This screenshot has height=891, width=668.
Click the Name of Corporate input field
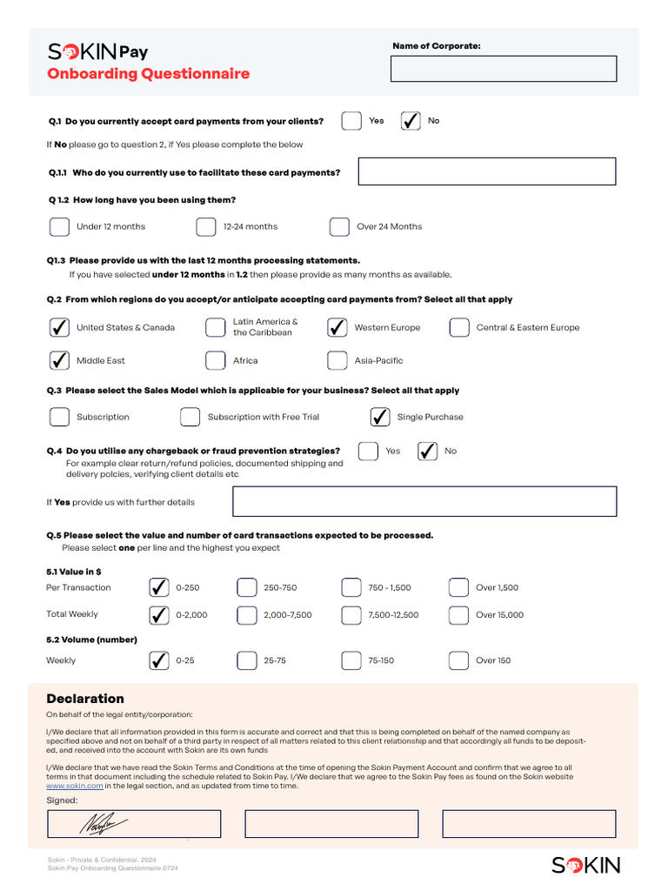coord(504,69)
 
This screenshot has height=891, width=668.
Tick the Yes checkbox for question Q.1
coord(351,121)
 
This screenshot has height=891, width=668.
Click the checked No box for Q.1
coord(411,121)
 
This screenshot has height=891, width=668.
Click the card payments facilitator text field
coord(486,171)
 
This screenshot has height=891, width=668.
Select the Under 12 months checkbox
coord(59,227)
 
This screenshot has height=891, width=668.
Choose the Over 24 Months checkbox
coord(339,227)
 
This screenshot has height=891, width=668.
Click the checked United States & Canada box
coord(59,328)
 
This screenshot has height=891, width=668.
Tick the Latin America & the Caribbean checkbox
coord(216,328)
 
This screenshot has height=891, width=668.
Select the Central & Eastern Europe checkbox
coord(459,328)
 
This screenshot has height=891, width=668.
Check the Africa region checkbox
coord(216,361)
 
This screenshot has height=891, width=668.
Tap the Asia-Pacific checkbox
coord(337,361)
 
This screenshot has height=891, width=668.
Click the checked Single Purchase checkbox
coord(380,418)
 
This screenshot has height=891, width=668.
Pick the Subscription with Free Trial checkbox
coord(190,418)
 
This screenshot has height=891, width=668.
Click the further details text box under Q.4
coord(424,501)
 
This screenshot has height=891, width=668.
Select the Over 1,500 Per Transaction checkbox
coord(458,588)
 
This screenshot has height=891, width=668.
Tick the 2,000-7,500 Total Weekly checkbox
coord(247,615)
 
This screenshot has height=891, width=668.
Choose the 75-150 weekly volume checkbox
coord(351,661)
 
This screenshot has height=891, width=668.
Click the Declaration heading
coord(85,699)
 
